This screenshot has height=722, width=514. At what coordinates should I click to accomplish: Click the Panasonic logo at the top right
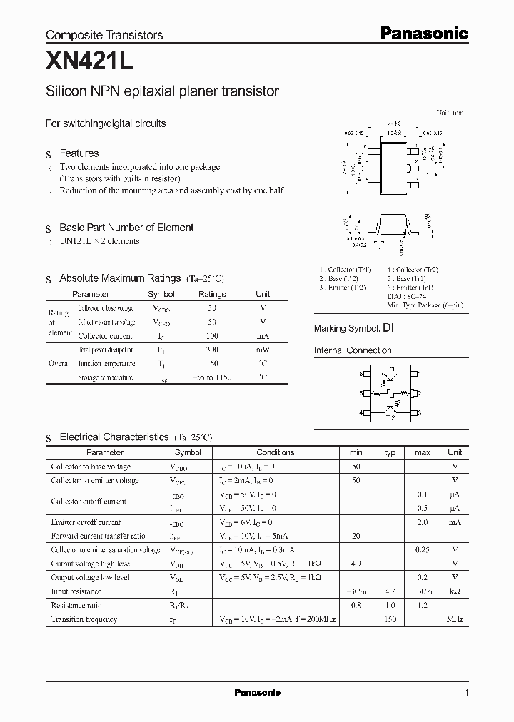pos(423,33)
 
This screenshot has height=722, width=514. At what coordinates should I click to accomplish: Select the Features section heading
pos(79,153)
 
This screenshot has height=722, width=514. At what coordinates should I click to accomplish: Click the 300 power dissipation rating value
pos(212,350)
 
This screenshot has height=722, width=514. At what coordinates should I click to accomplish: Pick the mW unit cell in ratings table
pos(263,350)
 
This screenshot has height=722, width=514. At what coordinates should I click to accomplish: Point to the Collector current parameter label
pos(104,336)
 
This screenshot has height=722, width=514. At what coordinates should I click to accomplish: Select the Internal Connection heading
pos(353,350)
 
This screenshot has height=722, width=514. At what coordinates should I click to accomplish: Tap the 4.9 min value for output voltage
pos(356,564)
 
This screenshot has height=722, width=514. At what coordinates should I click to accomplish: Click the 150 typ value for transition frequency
pos(390,619)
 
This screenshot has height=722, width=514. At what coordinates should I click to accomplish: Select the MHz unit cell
pos(455,619)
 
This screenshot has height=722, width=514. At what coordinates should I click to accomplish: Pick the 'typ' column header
pos(390,452)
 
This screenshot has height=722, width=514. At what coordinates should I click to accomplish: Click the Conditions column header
pos(275,452)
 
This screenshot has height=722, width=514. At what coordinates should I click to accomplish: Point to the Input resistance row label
pos(76,591)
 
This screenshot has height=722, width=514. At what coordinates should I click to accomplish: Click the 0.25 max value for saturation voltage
pos(423,550)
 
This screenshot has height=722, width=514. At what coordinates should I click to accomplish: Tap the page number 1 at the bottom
pos(466,693)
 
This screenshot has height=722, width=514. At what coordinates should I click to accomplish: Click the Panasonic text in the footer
pos(257,693)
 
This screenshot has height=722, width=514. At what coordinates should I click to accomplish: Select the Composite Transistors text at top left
pos(104,34)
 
